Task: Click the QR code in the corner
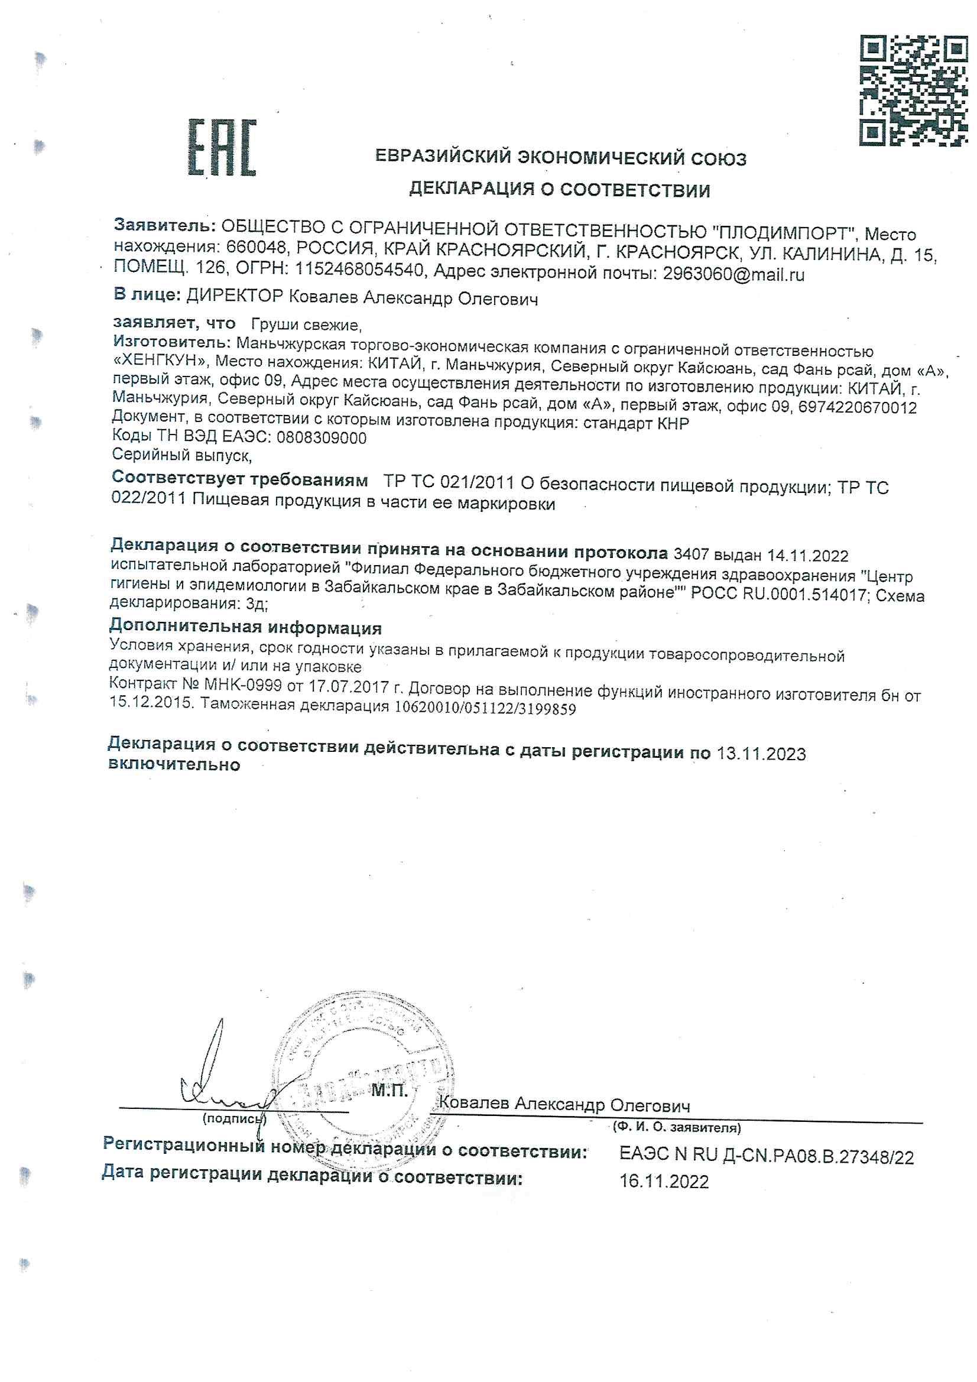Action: coord(913,90)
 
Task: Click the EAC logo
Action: coord(222,147)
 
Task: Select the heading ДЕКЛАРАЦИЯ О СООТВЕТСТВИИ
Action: coord(559,190)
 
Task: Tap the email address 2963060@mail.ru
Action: coord(733,274)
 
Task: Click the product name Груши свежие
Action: coord(306,325)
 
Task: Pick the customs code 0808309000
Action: coord(321,437)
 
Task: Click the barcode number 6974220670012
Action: coord(858,408)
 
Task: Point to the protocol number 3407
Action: coord(691,554)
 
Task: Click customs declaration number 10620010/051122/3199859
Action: coord(485,709)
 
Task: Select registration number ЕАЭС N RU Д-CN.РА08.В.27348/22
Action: coord(767,1156)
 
